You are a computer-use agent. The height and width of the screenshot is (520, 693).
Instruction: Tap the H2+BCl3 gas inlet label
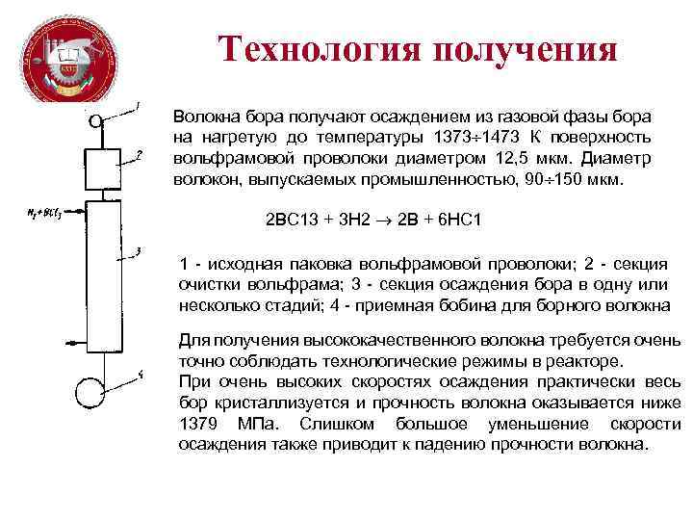44,210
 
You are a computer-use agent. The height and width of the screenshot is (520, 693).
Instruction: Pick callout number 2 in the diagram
140,153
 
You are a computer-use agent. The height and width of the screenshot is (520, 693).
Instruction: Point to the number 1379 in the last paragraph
198,425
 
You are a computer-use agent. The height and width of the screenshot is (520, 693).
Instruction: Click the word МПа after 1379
260,425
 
